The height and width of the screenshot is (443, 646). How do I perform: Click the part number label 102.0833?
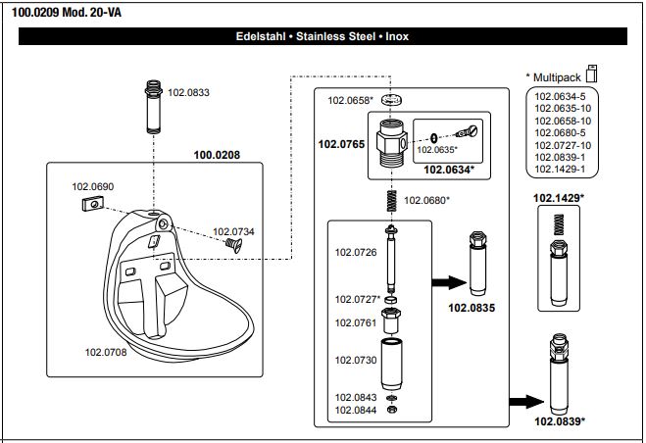click(189, 92)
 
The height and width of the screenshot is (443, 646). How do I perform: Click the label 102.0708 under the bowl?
click(106, 350)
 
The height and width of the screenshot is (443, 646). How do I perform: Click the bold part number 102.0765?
click(341, 144)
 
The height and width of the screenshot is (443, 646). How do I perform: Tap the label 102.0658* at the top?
click(350, 100)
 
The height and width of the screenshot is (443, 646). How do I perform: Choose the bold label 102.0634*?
click(449, 170)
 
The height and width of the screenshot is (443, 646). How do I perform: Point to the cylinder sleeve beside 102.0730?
click(391, 361)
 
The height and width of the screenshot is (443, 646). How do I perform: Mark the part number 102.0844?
click(356, 410)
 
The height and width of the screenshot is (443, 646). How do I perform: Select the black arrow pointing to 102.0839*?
click(525, 400)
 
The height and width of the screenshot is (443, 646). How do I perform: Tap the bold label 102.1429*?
click(559, 198)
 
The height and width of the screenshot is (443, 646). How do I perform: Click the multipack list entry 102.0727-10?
click(561, 145)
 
